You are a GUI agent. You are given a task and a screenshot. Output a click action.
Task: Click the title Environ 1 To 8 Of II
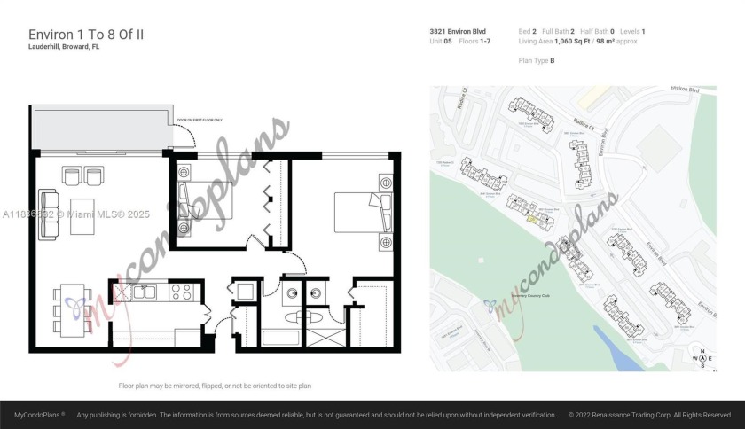coord(86,34)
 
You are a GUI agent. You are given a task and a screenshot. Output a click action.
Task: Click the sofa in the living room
coord(46,212)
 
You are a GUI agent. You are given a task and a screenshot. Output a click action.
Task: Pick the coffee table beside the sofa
coord(88,214)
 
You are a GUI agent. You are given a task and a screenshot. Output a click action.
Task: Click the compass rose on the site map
coord(702,359)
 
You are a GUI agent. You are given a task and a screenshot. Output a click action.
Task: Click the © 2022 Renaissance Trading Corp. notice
coord(649,415)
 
